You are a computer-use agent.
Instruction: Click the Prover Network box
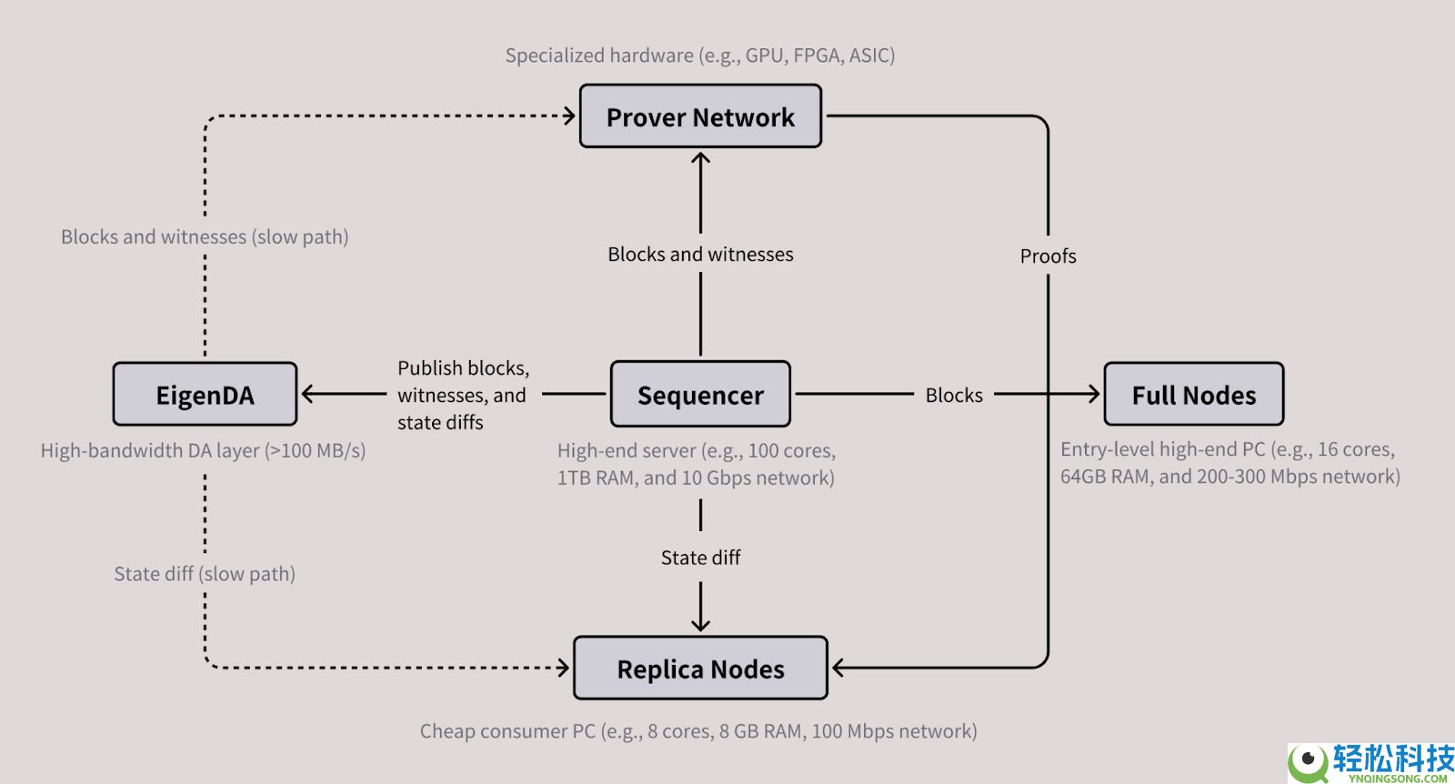[700, 116]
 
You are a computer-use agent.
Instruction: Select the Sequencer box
[700, 395]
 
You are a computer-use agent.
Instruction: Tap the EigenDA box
[205, 395]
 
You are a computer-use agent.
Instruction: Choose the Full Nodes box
[1193, 395]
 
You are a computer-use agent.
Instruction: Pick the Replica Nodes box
[700, 668]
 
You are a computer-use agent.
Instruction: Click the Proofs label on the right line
[1048, 256]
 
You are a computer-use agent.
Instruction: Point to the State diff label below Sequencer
[700, 558]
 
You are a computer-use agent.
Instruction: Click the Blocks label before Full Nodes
[954, 396]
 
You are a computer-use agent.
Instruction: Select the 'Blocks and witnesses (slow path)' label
[205, 237]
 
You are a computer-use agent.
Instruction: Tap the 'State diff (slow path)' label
[205, 574]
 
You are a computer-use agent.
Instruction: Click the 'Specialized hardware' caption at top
[700, 55]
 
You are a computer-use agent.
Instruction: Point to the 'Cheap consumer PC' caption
[698, 731]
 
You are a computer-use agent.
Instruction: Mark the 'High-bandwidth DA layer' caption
[203, 451]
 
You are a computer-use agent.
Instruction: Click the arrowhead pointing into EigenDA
[307, 395]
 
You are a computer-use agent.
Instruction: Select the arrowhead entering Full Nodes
[1094, 395]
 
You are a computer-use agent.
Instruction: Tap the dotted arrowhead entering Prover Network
[570, 116]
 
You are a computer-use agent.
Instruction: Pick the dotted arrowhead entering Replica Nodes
[564, 668]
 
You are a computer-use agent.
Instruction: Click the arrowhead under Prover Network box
[700, 158]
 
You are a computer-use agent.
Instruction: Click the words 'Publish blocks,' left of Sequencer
[463, 368]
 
